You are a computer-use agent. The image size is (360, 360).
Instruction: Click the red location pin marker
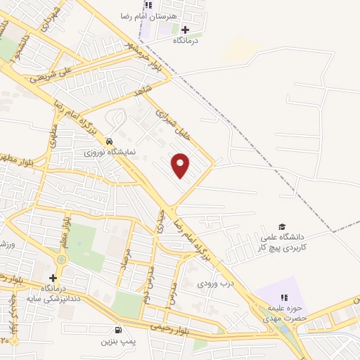tap(181, 166)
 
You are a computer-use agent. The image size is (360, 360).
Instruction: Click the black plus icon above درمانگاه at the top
tap(185, 30)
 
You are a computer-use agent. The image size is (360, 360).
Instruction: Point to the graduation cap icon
tap(282, 227)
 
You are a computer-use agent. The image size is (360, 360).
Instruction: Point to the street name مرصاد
tap(125, 262)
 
